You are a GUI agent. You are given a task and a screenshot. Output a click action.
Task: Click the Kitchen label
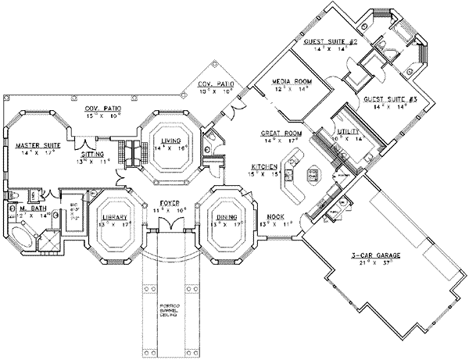tap(261, 168)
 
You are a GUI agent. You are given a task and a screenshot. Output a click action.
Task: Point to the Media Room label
tap(288, 82)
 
